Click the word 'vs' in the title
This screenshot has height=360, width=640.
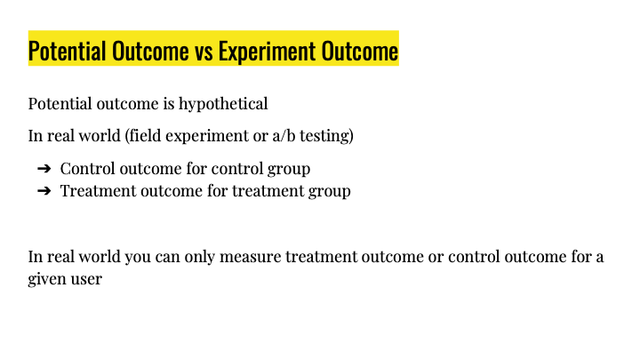(204, 52)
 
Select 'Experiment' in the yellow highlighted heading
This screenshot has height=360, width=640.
(267, 52)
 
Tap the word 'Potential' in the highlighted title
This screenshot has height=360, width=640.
(67, 51)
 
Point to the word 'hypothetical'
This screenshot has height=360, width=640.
(223, 104)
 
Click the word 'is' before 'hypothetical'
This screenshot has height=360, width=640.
(169, 104)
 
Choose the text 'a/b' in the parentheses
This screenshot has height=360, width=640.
(284, 135)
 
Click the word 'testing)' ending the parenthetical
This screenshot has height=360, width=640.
(326, 136)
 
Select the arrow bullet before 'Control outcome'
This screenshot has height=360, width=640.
(44, 169)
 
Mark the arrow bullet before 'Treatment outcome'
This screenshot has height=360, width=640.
(44, 190)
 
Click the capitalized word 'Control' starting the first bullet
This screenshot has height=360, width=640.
(88, 169)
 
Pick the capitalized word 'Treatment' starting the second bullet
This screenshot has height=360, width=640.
(99, 190)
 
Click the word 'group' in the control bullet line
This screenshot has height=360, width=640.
(289, 170)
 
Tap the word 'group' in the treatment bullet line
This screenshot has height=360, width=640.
(330, 191)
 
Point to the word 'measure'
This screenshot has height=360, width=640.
(250, 257)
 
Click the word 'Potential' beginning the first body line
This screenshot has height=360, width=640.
(60, 104)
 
